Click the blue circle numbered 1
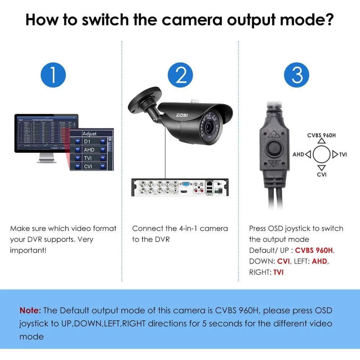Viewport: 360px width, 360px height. tap(53, 75)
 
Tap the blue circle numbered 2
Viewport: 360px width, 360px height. tap(181, 75)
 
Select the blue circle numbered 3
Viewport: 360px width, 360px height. tap(297, 75)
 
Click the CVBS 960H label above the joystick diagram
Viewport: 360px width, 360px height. tap(322, 135)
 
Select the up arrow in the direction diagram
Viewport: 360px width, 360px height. tap(322, 141)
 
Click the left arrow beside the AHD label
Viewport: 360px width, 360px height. tap(308, 154)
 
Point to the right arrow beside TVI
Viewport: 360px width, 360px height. tap(335, 154)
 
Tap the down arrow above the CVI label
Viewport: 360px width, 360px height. tap(322, 167)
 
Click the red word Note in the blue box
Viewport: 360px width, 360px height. tap(30, 310)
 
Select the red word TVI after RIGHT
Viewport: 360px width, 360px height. tap(278, 272)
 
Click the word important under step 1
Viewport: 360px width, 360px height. tap(28, 250)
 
